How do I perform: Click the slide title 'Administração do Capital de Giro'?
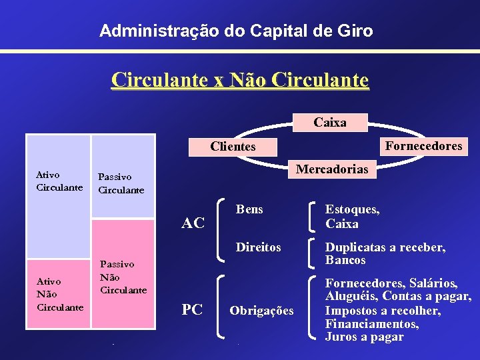236,31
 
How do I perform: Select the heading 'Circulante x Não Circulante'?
240,80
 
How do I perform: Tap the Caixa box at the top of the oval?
330,123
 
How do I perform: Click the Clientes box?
233,147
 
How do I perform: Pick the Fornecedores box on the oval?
424,146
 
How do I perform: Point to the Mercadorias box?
332,169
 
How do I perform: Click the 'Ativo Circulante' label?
59,181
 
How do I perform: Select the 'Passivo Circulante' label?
121,183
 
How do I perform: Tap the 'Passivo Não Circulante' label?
123,277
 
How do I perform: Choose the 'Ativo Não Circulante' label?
59,294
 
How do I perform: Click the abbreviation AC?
193,223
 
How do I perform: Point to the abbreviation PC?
192,309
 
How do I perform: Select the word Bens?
250,209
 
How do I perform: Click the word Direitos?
259,247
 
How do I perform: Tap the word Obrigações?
261,311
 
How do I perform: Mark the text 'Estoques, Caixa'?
352,217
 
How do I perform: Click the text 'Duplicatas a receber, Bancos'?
385,253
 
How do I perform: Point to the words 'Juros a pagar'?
364,337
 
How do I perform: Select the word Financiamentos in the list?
371,324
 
